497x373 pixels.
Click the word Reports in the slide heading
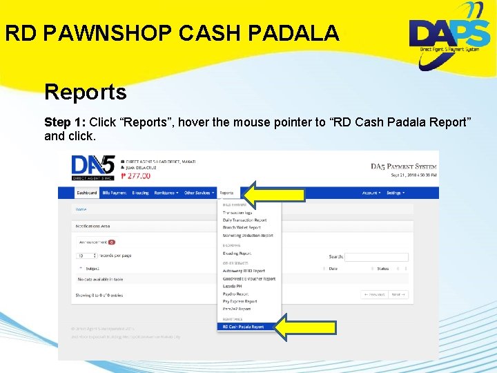click(86, 92)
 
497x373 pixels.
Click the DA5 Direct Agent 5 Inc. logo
click(92, 166)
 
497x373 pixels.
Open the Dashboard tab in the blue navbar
click(87, 193)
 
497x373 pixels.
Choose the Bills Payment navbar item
click(114, 193)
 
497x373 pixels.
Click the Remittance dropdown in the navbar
click(166, 193)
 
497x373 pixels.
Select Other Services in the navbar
click(199, 193)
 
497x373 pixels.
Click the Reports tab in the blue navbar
click(226, 193)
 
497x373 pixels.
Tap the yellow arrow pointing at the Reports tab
click(275, 195)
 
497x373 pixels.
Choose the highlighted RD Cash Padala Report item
click(243, 327)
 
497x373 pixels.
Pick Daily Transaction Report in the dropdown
click(244, 220)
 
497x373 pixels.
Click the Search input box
click(376, 257)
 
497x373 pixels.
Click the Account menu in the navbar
click(371, 193)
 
